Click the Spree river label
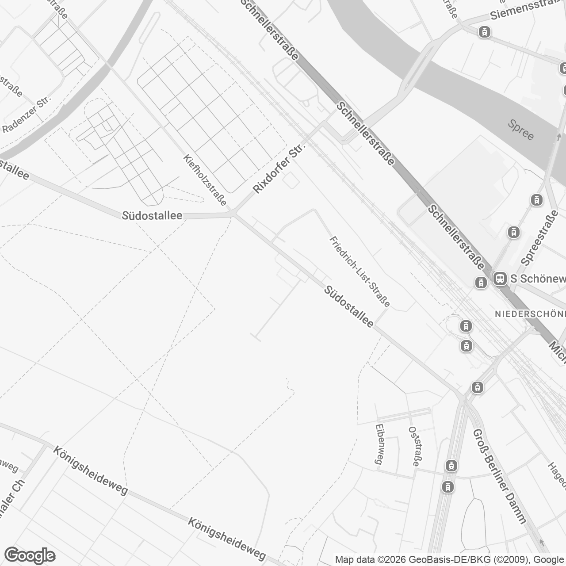[x=521, y=130]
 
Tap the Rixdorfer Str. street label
[x=279, y=168]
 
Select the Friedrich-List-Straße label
[x=360, y=272]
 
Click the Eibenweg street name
[x=379, y=444]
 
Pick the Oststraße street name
[x=414, y=446]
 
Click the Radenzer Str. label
[x=27, y=115]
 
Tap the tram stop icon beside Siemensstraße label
[x=485, y=32]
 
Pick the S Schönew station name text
[x=538, y=279]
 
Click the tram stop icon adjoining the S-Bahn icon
[x=481, y=283]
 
